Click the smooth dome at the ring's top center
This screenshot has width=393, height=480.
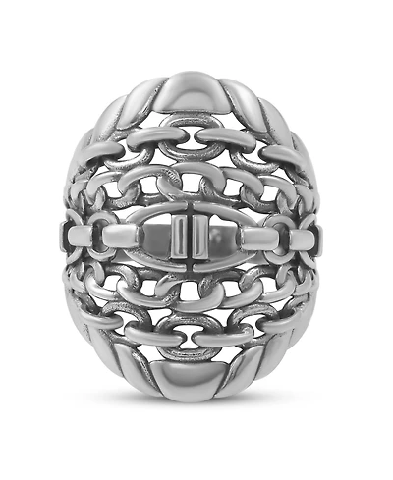coord(196,95)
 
